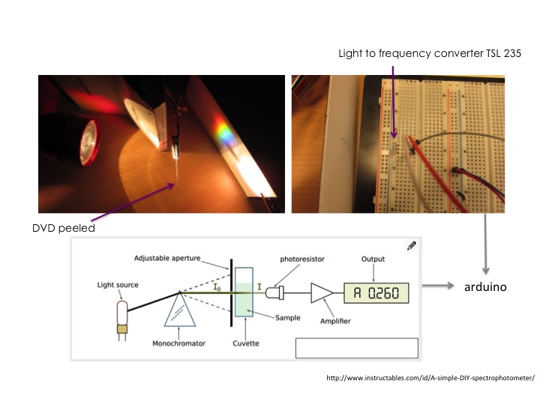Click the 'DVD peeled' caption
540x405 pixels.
click(67, 228)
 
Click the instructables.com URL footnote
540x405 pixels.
click(430, 379)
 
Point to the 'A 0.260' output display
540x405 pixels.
click(376, 292)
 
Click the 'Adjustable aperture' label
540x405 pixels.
click(166, 259)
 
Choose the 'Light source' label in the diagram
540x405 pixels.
click(118, 285)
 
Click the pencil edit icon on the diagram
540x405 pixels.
click(411, 245)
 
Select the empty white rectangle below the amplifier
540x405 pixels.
click(356, 348)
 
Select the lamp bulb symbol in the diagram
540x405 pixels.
click(120, 311)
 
